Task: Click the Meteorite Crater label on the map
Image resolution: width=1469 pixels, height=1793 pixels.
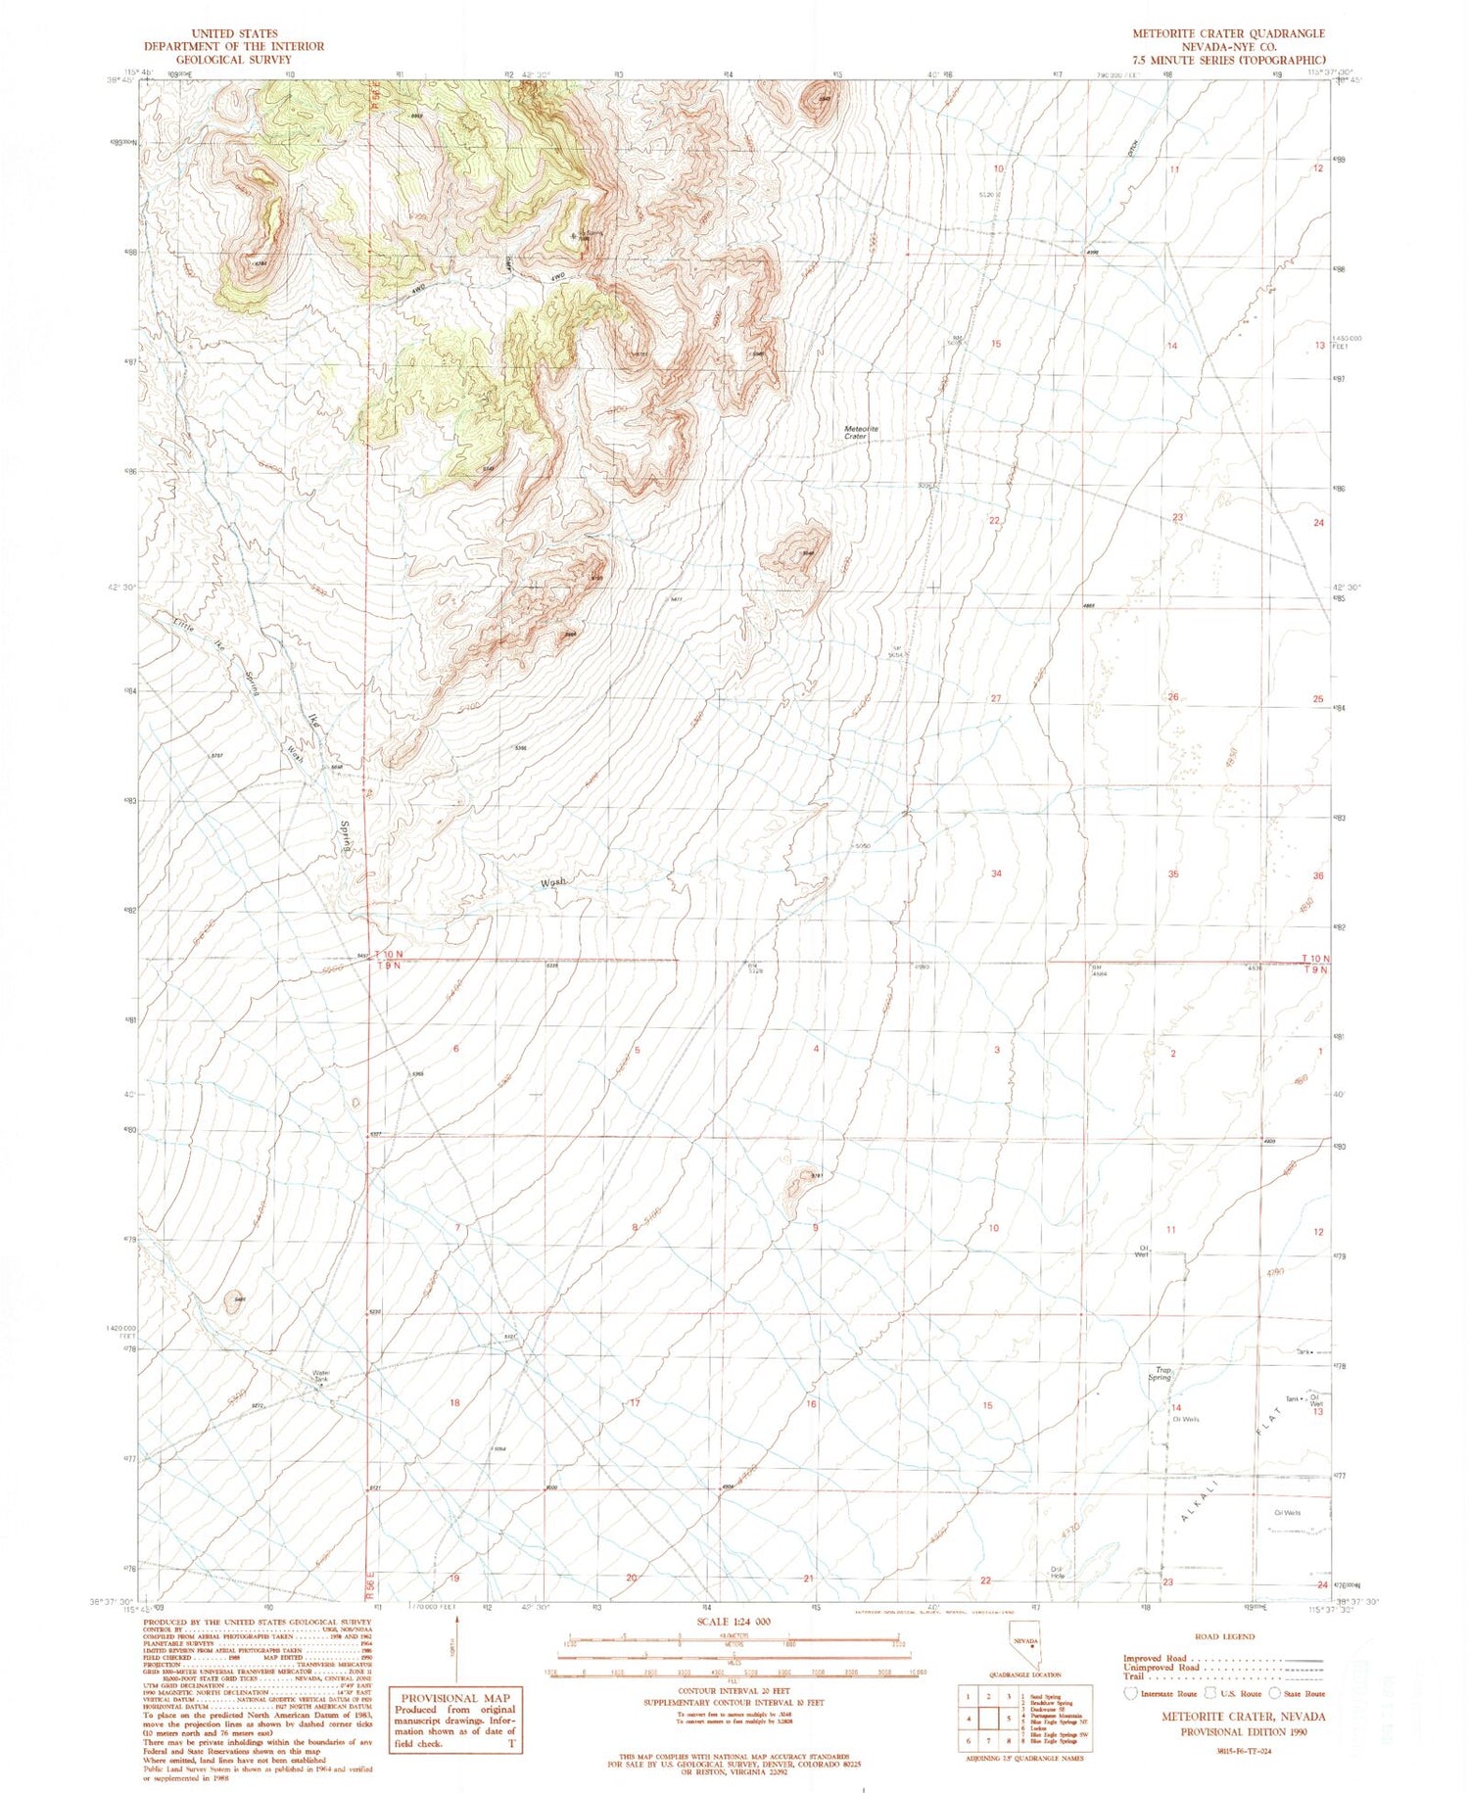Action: coord(861,432)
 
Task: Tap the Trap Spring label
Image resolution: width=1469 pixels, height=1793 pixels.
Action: coord(1161,1374)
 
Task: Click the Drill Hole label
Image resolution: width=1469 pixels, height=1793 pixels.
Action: coord(1057,1574)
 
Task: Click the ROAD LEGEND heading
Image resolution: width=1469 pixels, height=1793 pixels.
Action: coord(1225,1636)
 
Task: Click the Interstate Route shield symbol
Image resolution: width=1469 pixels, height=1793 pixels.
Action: coord(1132,1692)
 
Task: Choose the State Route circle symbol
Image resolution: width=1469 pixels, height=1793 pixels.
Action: coord(1274,1692)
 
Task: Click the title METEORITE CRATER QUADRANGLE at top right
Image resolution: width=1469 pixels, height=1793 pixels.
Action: coord(1228,34)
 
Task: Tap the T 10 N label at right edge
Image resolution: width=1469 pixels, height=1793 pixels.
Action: coord(1315,958)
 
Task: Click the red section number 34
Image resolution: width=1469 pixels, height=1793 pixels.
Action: coord(996,873)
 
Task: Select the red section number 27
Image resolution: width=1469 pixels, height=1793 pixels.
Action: coord(995,699)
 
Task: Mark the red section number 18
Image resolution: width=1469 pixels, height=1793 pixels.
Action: coord(454,1403)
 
